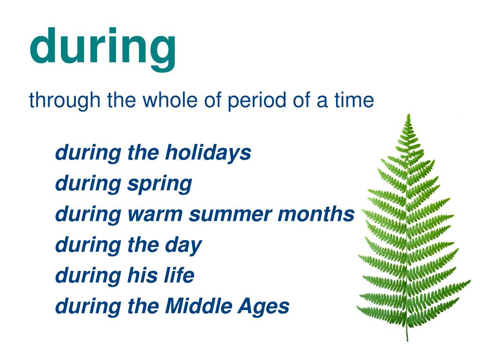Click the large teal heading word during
tap(103, 49)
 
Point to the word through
tap(65, 101)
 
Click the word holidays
tap(208, 153)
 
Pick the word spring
tap(160, 184)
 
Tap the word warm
tap(155, 214)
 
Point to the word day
tap(183, 246)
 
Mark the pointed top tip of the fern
tap(409, 114)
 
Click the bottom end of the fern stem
tap(407, 340)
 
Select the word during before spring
tap(88, 184)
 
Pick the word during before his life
tap(88, 276)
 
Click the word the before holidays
tap(143, 152)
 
